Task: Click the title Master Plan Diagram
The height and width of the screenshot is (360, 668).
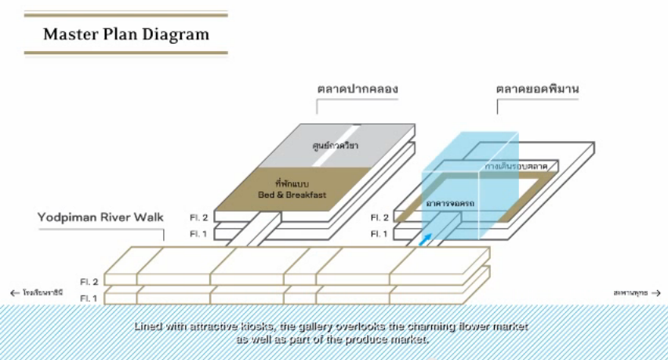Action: (126, 35)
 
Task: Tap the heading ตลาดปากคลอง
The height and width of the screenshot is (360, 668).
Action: (358, 89)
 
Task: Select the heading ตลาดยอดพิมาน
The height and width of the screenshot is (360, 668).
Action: (537, 89)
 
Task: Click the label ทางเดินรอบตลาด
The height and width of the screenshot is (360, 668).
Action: (516, 167)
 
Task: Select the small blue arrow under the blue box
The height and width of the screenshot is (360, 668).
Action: (425, 238)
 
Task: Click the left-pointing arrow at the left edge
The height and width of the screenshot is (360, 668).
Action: (14, 293)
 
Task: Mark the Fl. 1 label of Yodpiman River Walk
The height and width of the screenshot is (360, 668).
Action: (89, 298)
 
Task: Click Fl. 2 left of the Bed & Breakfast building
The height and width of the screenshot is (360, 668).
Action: (199, 217)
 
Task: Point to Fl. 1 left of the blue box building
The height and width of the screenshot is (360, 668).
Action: (379, 234)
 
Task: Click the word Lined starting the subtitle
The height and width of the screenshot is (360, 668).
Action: (148, 327)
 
